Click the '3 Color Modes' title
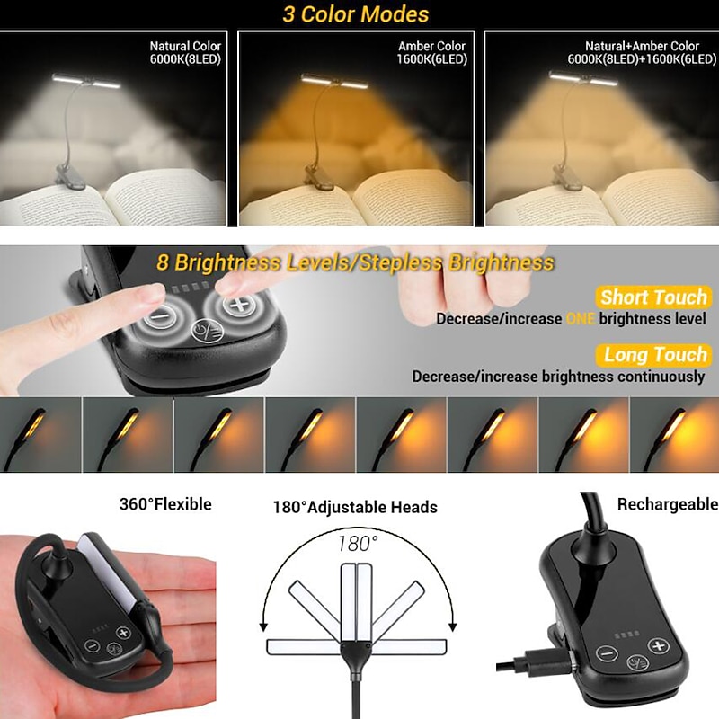click(x=355, y=13)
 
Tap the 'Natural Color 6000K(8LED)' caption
click(x=185, y=52)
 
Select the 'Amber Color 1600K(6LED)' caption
click(x=431, y=52)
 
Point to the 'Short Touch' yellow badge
click(x=653, y=297)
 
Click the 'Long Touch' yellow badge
click(x=654, y=355)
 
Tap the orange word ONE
click(x=581, y=318)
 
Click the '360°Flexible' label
click(x=165, y=504)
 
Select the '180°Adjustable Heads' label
click(x=355, y=507)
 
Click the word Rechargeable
click(x=668, y=504)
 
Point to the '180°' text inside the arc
click(x=358, y=544)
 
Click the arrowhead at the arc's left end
click(x=263, y=626)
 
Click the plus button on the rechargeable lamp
click(x=658, y=645)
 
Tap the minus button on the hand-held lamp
click(x=93, y=645)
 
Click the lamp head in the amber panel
click(x=334, y=81)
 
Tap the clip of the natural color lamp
click(x=70, y=175)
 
